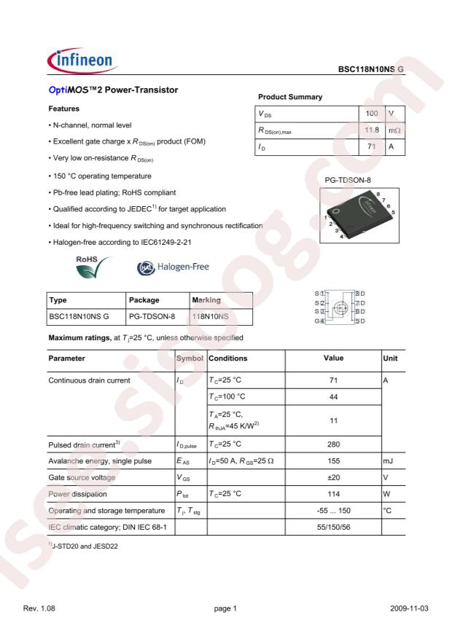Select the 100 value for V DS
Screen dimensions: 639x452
click(372, 114)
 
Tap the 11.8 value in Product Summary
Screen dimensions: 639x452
click(372, 130)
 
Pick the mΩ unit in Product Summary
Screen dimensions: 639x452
click(394, 130)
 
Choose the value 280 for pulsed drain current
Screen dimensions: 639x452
click(332, 444)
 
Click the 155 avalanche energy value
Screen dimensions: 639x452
click(332, 460)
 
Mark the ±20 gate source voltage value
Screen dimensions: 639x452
click(332, 477)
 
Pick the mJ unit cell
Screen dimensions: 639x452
click(389, 460)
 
